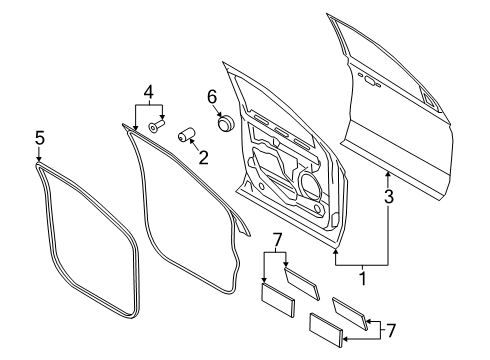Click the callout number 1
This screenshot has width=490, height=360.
(363, 279)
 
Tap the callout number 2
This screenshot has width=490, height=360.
(203, 158)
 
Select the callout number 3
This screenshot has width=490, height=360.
(389, 196)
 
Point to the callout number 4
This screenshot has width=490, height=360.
(149, 92)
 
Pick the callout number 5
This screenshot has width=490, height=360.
(40, 138)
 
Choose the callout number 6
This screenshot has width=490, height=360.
(212, 97)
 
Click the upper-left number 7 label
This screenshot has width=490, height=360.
(277, 240)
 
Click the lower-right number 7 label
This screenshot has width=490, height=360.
(390, 330)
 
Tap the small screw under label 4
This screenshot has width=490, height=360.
(157, 127)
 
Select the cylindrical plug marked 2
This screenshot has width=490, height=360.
(186, 134)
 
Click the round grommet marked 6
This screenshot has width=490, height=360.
(226, 123)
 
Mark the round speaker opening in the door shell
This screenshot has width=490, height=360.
(311, 184)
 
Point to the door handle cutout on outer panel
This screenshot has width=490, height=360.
(370, 80)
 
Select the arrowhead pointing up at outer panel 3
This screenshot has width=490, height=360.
(388, 174)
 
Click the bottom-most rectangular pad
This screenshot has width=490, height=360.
(326, 330)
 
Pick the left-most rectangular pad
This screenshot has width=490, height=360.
(277, 300)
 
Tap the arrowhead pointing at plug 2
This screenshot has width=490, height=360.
(192, 141)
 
